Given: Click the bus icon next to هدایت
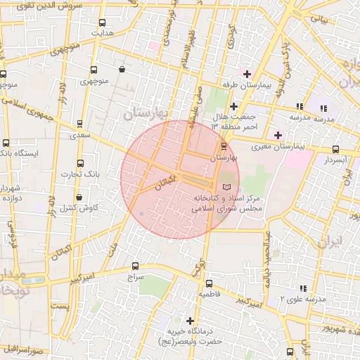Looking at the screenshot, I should pos(103,22).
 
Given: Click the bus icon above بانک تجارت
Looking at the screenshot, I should pos(79,162).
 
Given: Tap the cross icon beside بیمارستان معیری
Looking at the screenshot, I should pos(278,134).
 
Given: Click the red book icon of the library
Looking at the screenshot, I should pos(226,187).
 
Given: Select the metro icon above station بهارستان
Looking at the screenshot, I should pos(224,146).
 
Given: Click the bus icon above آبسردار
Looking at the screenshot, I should pos(335,149).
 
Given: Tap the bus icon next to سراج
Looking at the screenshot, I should pos(135,266).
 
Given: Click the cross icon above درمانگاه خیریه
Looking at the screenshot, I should pos(190,321).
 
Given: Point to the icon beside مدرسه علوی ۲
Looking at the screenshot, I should pos(303,288).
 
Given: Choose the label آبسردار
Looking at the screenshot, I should pos(335,160).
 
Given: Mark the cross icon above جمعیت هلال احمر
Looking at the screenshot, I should pos(233,106).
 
